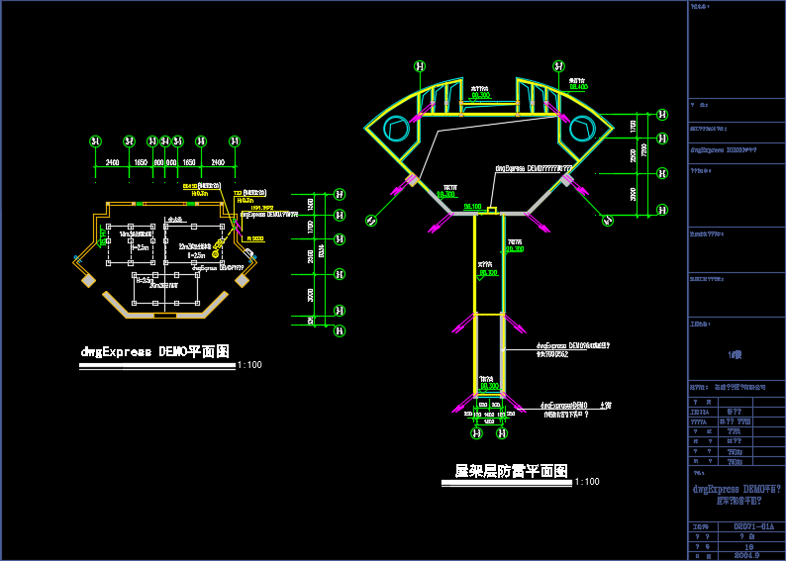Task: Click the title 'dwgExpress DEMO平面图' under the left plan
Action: [155, 351]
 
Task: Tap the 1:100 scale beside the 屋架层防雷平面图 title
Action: [587, 482]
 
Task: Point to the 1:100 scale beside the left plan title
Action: [249, 365]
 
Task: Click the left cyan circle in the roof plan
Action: [396, 128]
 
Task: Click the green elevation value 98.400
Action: [578, 86]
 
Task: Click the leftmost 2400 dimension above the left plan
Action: [112, 161]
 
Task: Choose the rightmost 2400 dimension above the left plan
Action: [218, 161]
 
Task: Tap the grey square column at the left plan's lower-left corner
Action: [88, 281]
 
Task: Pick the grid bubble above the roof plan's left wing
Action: [420, 66]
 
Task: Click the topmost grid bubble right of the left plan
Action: [340, 195]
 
